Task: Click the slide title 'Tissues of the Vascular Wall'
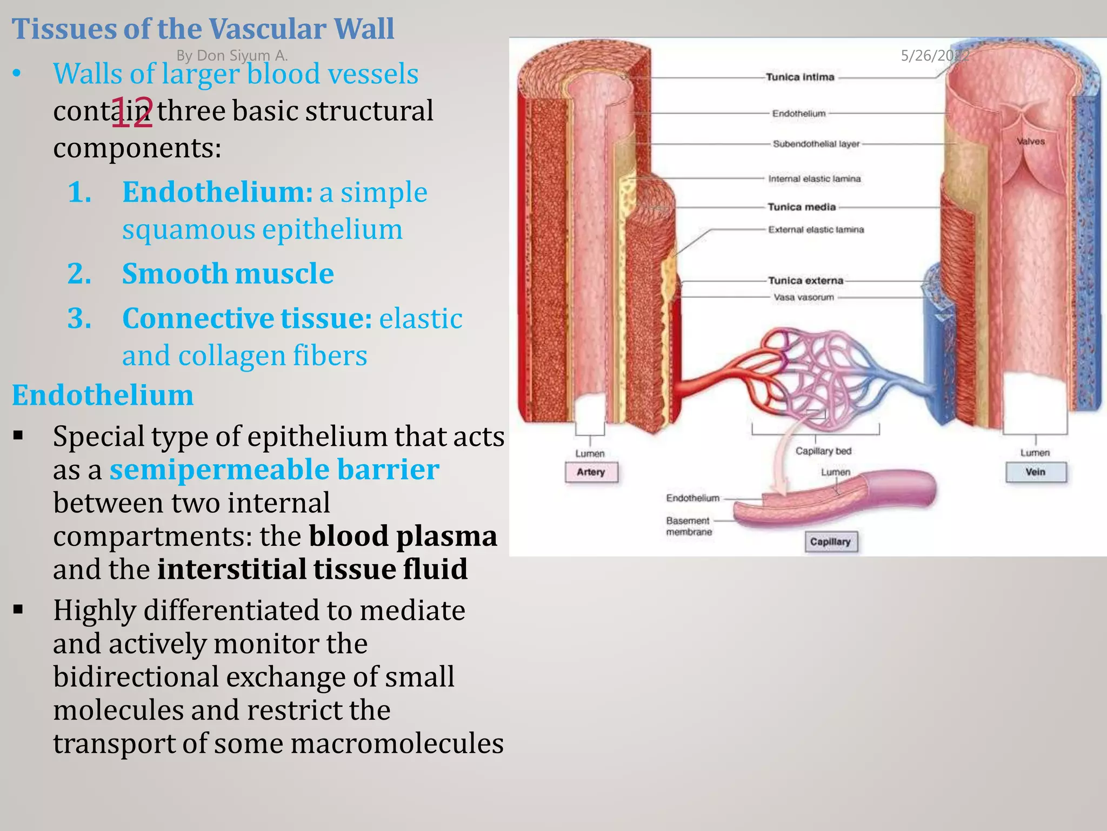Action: point(203,29)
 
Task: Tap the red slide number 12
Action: point(132,113)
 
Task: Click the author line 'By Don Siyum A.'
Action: point(232,55)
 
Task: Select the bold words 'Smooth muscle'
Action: point(228,273)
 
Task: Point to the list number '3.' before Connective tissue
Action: point(79,318)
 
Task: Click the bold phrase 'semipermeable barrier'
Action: point(274,469)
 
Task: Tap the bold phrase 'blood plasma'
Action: point(403,536)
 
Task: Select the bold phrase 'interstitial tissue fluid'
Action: point(312,569)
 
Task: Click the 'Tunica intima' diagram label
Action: point(800,77)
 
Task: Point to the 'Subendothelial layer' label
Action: point(816,144)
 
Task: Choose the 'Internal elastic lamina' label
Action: point(814,179)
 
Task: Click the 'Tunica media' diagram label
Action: point(802,207)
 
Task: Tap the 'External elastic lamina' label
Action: point(816,229)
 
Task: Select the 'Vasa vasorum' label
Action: point(804,297)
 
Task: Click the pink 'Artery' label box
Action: point(591,472)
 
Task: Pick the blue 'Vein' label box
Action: point(1035,472)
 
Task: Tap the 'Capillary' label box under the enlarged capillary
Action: point(830,542)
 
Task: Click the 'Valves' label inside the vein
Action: point(1030,141)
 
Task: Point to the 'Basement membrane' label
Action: point(689,526)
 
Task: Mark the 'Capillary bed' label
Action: point(823,451)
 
